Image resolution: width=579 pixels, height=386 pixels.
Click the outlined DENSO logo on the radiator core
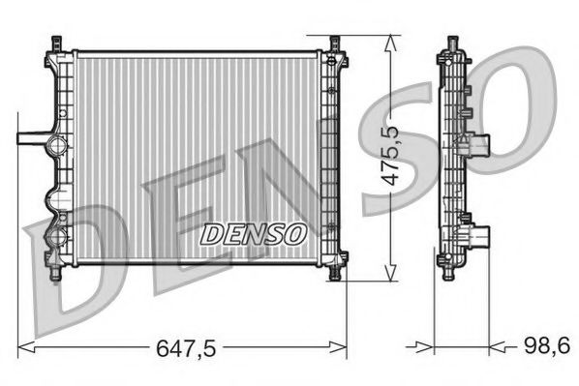coord(254,233)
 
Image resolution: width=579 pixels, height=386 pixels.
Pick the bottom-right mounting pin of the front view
coord(335,274)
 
